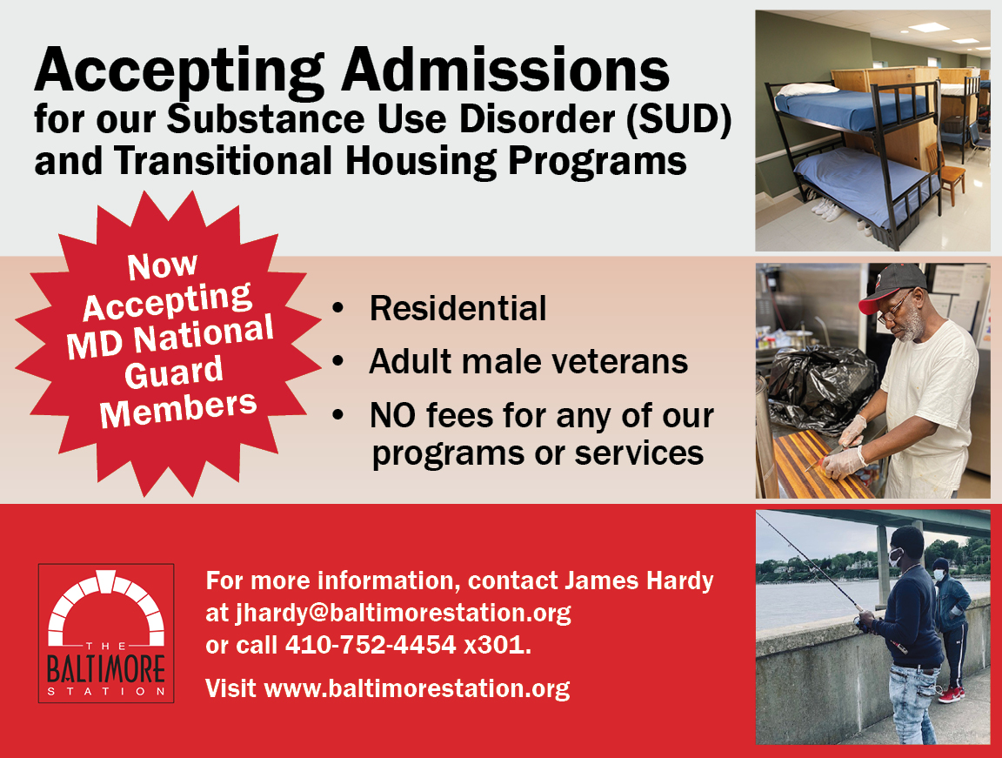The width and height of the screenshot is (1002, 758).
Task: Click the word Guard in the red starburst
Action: tap(174, 372)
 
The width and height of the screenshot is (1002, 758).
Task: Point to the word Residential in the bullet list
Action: tap(458, 308)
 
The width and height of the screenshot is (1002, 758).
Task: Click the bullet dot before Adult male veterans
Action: tap(338, 362)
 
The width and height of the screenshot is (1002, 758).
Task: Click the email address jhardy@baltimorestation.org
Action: tap(404, 613)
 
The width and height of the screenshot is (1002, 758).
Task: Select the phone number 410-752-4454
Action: tap(371, 645)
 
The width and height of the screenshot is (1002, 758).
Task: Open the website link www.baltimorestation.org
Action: tap(417, 688)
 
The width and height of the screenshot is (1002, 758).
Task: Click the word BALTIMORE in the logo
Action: tap(106, 669)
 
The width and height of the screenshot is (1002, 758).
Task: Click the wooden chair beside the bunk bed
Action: tap(946, 171)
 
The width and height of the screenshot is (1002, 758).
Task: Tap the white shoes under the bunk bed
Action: tap(825, 208)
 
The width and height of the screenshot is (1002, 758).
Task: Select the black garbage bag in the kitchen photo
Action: tap(820, 386)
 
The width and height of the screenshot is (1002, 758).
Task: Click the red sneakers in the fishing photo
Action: tap(952, 694)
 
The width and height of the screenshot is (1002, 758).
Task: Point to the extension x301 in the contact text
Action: tap(498, 645)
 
